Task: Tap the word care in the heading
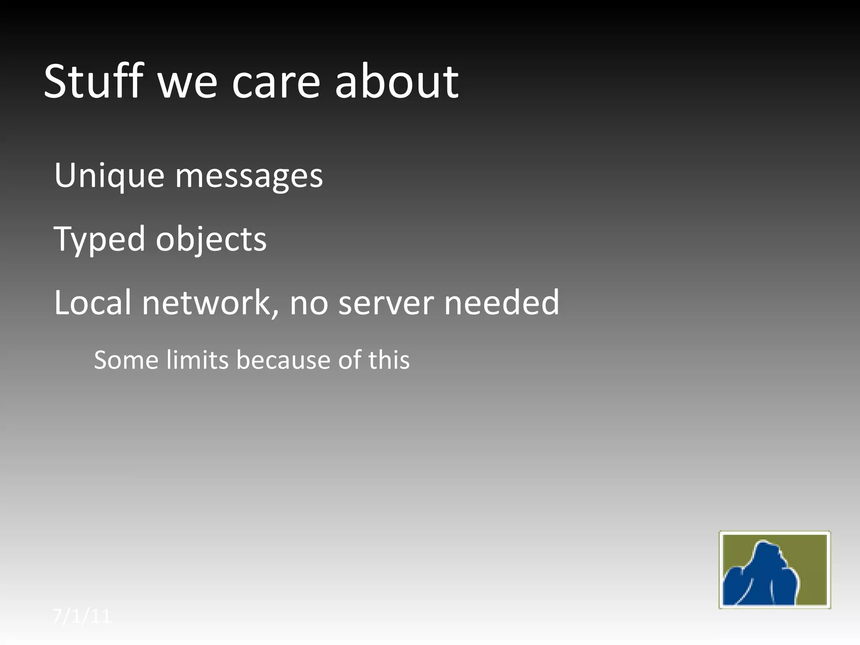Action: (x=276, y=83)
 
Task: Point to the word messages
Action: (x=249, y=177)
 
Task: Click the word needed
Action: (x=502, y=302)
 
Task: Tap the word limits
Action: (x=197, y=360)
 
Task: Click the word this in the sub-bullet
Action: (x=389, y=360)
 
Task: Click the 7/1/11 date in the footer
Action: (x=82, y=616)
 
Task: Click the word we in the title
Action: (x=187, y=83)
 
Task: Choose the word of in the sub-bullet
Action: (x=349, y=360)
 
